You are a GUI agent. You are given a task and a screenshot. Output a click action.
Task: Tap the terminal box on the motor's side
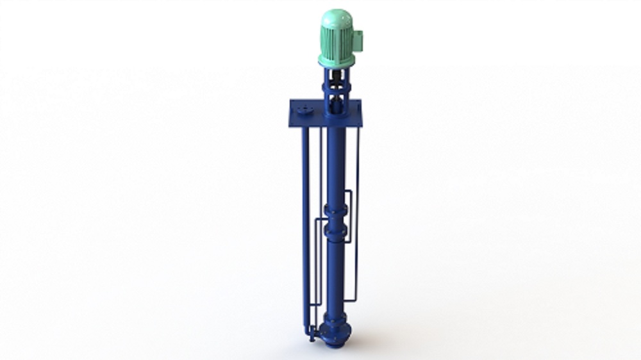click(358, 40)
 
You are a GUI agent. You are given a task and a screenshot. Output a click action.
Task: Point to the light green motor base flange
click(337, 61)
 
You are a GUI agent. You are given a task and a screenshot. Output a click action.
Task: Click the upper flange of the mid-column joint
click(336, 209)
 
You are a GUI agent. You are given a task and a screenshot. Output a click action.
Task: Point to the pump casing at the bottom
click(335, 332)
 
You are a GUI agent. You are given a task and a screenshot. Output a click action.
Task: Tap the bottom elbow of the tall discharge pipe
click(308, 329)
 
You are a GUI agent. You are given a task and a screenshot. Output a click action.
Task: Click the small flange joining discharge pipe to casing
click(315, 332)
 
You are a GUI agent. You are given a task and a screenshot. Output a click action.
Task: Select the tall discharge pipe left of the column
click(306, 224)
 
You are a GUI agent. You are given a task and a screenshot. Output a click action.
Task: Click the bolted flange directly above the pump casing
click(335, 316)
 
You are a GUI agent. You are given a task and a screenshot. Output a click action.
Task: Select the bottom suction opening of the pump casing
click(335, 344)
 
